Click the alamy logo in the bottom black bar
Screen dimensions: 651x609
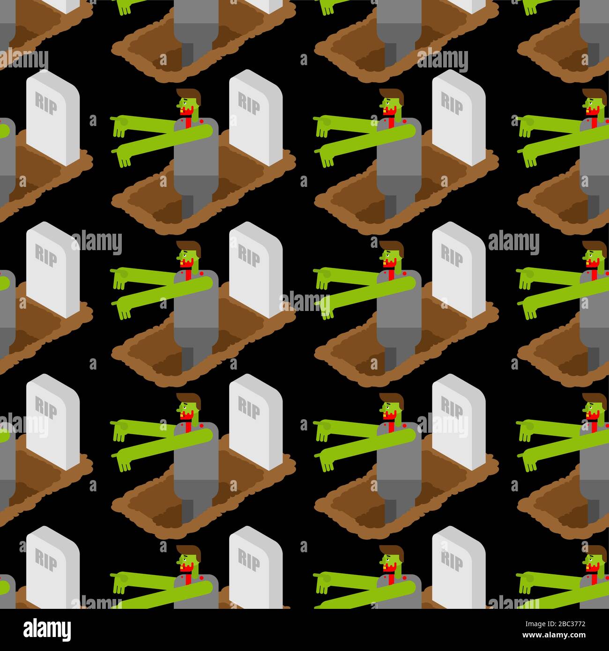47,629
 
